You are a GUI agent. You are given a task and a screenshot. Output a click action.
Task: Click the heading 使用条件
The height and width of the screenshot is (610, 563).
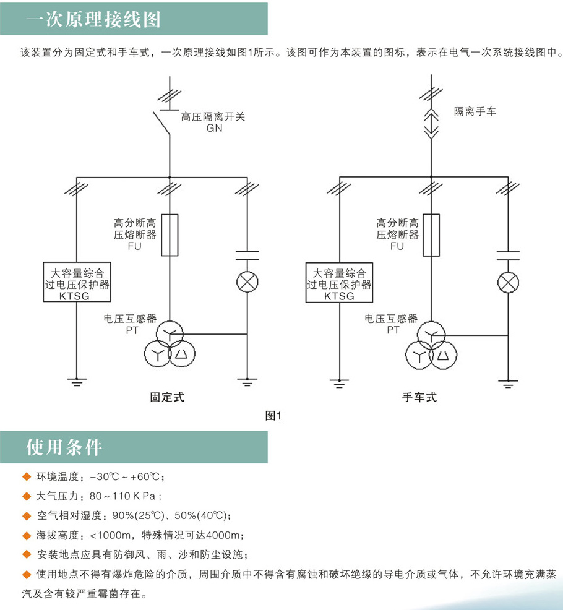[64, 447]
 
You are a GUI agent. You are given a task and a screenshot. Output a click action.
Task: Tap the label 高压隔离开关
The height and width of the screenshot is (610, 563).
[213, 116]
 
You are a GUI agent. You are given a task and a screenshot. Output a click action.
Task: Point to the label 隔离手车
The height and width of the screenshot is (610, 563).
[475, 111]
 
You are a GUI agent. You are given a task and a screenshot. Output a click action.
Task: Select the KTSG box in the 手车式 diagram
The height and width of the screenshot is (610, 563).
[340, 283]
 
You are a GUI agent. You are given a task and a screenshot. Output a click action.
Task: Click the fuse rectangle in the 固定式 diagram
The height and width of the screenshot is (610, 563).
[170, 234]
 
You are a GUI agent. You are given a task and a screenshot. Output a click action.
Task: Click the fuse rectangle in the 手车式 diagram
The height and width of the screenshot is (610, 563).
[432, 235]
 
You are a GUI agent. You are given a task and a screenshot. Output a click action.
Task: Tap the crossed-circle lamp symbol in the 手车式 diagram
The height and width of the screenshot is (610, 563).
[509, 282]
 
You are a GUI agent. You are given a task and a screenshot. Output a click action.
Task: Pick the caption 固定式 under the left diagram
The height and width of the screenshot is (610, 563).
[168, 397]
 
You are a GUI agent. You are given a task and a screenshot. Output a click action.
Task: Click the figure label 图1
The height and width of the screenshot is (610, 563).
[273, 416]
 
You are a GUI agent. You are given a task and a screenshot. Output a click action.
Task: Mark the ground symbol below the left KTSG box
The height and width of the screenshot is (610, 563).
[76, 382]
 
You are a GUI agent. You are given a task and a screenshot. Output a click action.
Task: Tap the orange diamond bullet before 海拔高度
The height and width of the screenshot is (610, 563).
[25, 535]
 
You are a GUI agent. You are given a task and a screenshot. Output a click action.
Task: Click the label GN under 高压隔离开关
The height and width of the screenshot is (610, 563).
[214, 128]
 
